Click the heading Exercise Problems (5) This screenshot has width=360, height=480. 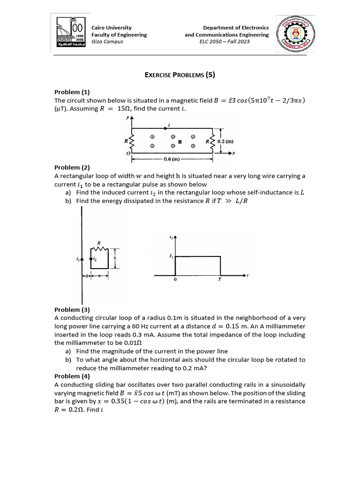pos(180,75)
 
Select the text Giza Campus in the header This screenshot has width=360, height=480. pos(107,41)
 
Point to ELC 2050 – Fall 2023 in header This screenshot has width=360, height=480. pos(225,41)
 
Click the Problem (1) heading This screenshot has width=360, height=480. pos(72,92)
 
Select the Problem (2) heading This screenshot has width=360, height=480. pos(72,167)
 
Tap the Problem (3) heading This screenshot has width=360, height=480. pos(72,310)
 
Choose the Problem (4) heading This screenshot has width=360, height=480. pos(72,376)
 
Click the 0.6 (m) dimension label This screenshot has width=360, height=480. pos(172,159)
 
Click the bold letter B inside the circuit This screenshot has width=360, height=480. pos(180,141)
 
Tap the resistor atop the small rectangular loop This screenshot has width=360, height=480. pos(101,248)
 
